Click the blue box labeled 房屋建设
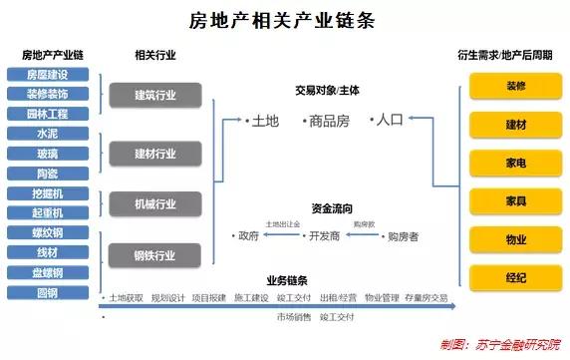47,75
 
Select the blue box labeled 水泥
47,133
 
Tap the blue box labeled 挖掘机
47,191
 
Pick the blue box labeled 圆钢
47,291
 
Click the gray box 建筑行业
155,95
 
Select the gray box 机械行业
155,203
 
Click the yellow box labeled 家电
515,163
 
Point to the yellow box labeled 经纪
515,278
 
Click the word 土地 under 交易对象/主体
263,121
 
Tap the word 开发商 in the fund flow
324,236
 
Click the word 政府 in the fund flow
247,236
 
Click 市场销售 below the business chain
292,316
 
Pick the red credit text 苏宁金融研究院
509,345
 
